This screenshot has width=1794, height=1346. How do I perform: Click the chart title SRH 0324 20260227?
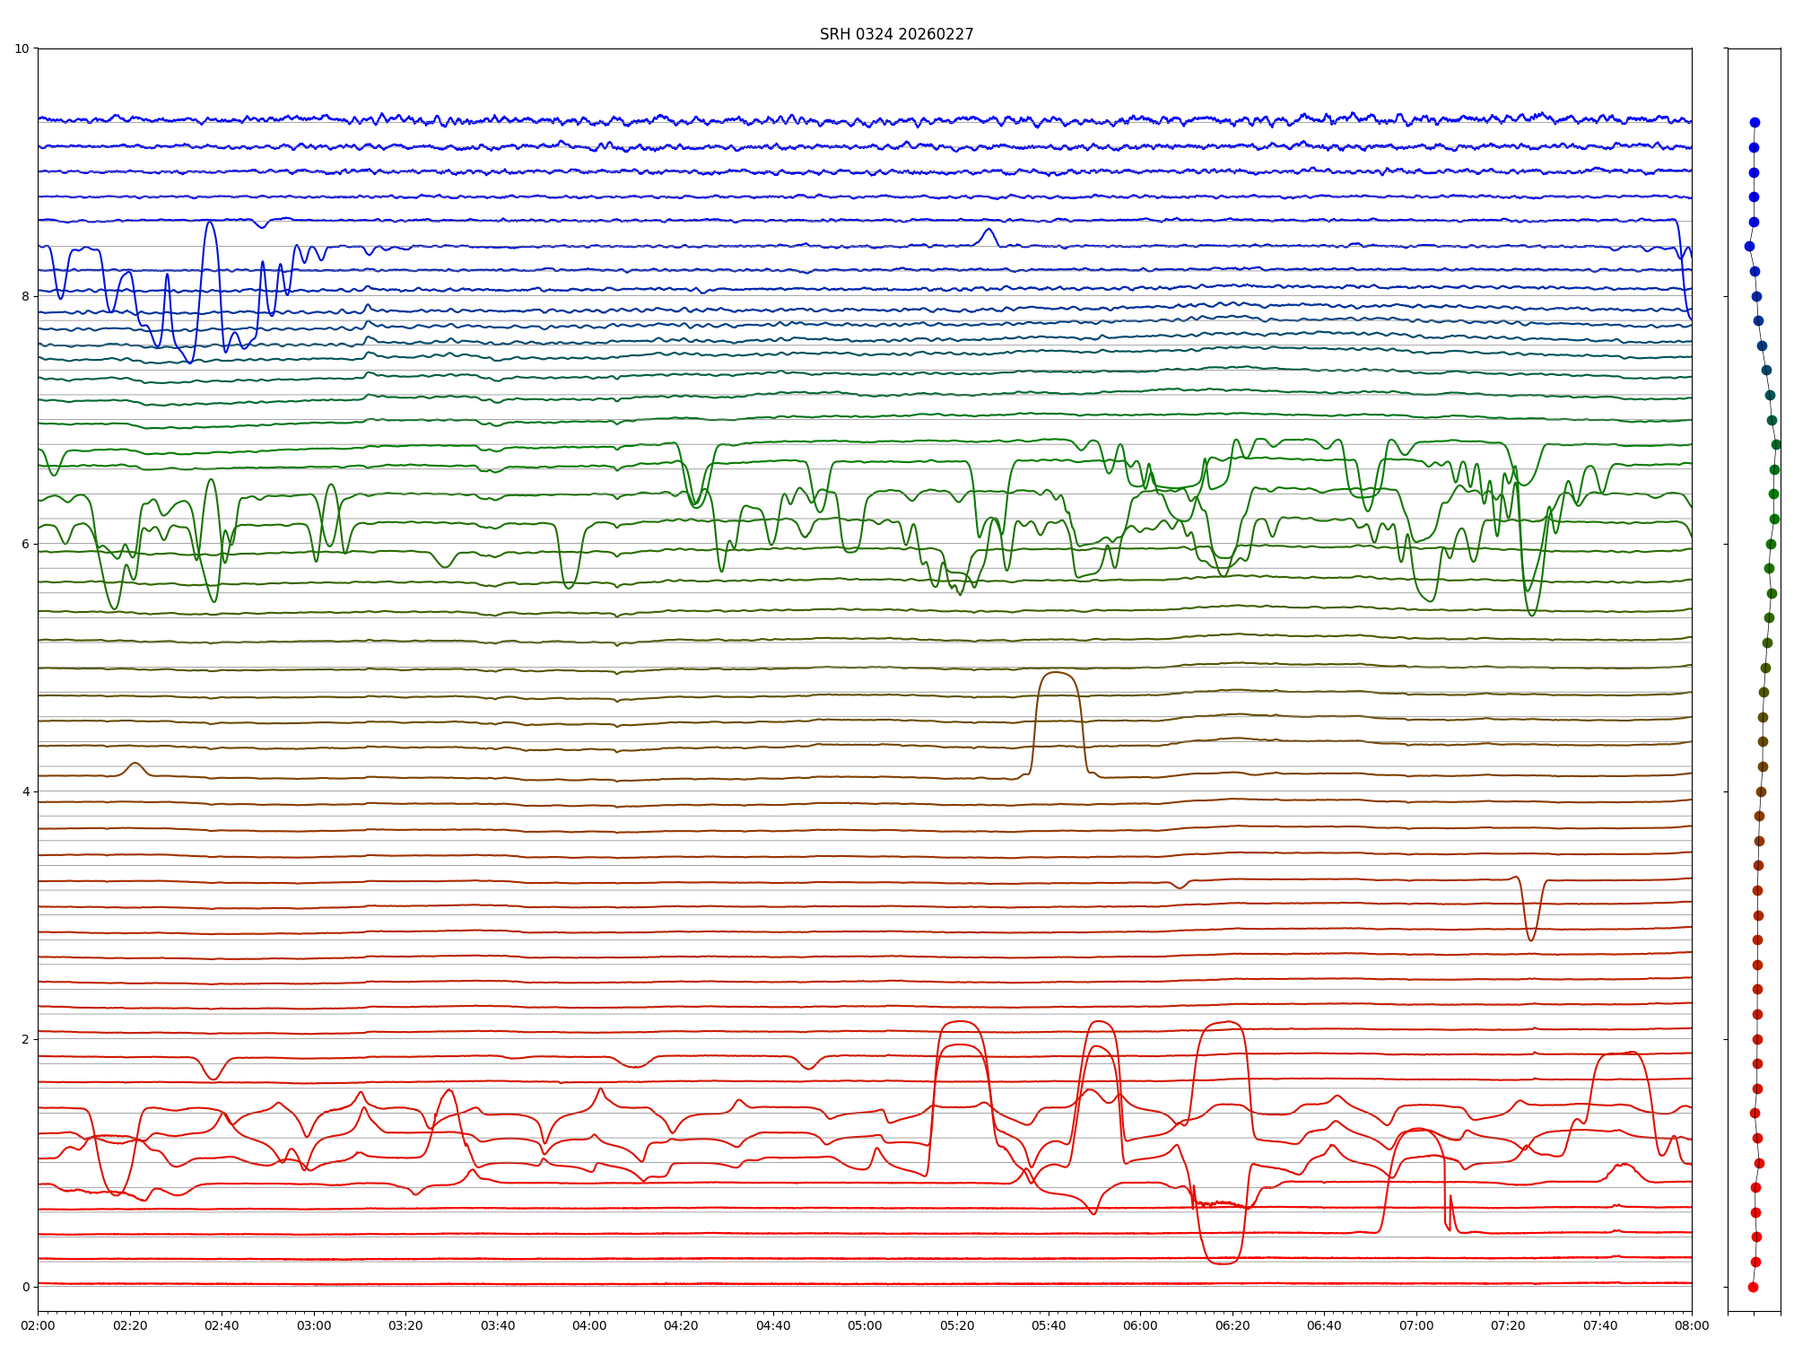click(x=896, y=34)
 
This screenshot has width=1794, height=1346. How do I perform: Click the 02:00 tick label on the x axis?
click(x=38, y=1325)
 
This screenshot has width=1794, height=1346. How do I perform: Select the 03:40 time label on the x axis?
click(x=498, y=1325)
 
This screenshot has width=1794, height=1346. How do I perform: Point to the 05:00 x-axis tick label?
click(x=865, y=1325)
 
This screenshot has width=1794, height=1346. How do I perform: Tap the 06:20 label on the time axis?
click(x=1232, y=1325)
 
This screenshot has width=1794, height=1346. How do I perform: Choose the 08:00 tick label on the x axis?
click(x=1692, y=1325)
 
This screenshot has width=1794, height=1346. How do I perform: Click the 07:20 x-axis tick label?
click(x=1508, y=1325)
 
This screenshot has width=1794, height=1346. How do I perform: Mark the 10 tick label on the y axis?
click(x=22, y=48)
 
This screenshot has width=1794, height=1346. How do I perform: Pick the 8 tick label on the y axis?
click(x=25, y=296)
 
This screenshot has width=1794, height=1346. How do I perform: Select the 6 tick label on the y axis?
click(x=25, y=544)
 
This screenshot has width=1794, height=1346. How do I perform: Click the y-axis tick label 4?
click(x=25, y=791)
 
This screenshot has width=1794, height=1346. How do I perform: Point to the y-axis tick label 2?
click(x=25, y=1039)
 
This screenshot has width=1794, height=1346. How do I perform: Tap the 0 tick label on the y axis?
click(x=25, y=1287)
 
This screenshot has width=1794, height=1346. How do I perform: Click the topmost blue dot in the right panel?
click(x=1755, y=122)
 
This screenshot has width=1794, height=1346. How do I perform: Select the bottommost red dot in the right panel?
click(x=1753, y=1287)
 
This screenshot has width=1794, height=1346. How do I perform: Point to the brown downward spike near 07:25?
click(x=1531, y=940)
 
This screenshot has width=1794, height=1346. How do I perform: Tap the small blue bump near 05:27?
click(x=988, y=230)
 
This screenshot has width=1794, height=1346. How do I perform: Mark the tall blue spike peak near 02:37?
click(x=209, y=222)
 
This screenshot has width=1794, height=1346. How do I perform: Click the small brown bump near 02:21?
click(x=135, y=764)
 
